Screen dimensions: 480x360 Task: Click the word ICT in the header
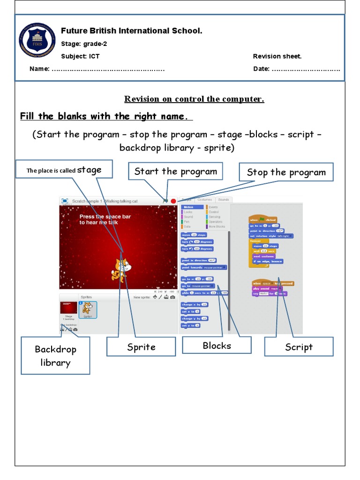pyautogui.click(x=94, y=56)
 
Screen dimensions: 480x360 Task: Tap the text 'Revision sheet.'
pyautogui.click(x=277, y=56)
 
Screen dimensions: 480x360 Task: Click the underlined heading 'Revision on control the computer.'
pyautogui.click(x=194, y=99)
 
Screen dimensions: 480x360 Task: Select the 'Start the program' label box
pyautogui.click(x=175, y=172)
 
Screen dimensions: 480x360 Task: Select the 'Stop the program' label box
pyautogui.click(x=286, y=172)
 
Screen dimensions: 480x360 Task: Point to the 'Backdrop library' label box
pyautogui.click(x=55, y=356)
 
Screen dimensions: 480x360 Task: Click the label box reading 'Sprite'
pyautogui.click(x=141, y=347)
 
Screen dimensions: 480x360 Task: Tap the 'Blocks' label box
pyautogui.click(x=217, y=345)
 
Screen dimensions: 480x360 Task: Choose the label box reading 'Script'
pyautogui.click(x=299, y=347)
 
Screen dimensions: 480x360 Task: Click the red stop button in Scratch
pyautogui.click(x=173, y=201)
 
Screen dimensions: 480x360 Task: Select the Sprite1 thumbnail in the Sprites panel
pyautogui.click(x=88, y=309)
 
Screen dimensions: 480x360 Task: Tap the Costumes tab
pyautogui.click(x=204, y=200)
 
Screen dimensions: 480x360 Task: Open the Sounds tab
pyautogui.click(x=223, y=200)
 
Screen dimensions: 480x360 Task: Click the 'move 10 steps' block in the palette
pyautogui.click(x=194, y=235)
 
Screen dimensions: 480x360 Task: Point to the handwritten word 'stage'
pyautogui.click(x=89, y=170)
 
